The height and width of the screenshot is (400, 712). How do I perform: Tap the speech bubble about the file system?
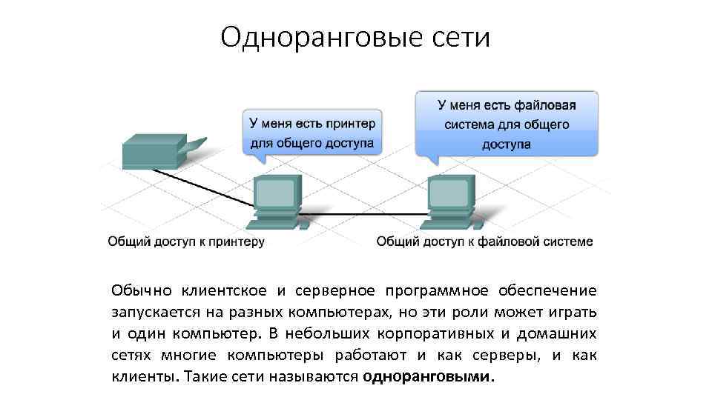[506, 123]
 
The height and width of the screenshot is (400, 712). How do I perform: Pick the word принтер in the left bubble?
[349, 122]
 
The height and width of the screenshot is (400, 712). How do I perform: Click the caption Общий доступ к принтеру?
[186, 241]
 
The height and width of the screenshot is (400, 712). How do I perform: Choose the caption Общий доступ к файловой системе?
[484, 241]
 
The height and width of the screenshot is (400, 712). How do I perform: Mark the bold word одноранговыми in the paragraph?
[427, 376]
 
